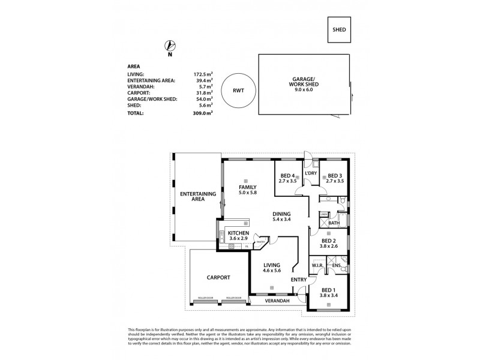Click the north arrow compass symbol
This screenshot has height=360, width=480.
[x=170, y=46]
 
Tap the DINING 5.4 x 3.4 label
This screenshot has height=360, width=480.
[x=281, y=216]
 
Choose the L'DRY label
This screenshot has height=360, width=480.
[x=311, y=173]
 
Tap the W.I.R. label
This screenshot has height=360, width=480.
[x=317, y=265]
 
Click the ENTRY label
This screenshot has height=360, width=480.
[x=298, y=279]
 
